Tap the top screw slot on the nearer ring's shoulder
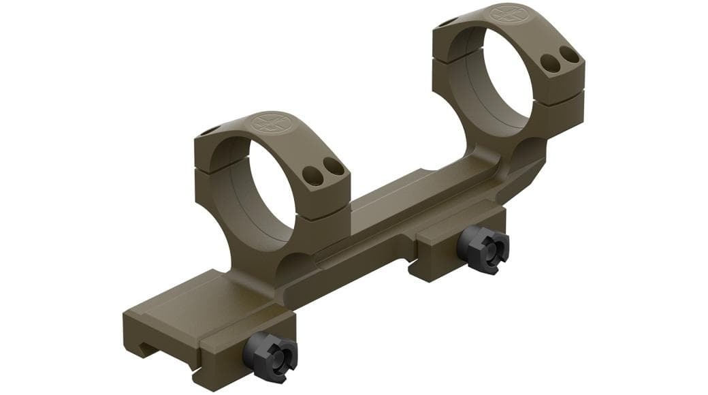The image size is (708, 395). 210,131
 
